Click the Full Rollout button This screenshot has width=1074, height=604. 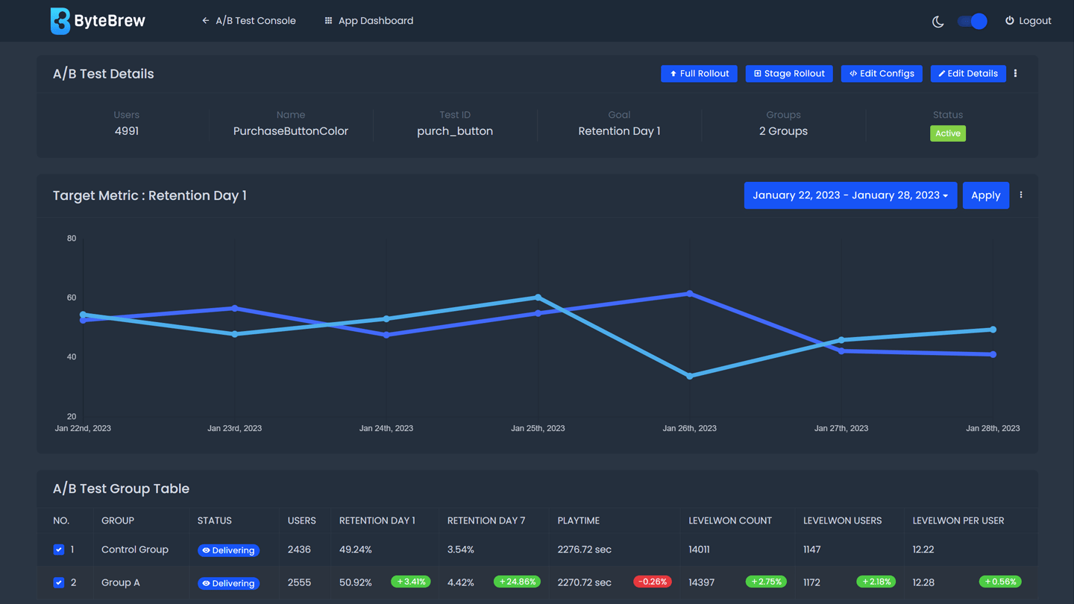tap(699, 74)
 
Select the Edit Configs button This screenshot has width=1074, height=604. tap(882, 74)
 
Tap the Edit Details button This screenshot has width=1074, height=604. tap(967, 74)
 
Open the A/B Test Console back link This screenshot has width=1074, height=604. tap(248, 21)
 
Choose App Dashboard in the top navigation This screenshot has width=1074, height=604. tap(368, 21)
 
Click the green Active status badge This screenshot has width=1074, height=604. tap(947, 133)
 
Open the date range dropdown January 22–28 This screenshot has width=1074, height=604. tap(850, 195)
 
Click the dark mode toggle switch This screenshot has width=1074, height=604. tap(972, 21)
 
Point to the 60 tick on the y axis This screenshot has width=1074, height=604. tap(72, 298)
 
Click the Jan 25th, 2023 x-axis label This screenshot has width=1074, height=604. tap(538, 429)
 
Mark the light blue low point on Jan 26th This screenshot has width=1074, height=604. tap(690, 376)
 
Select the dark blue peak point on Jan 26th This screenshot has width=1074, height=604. tap(690, 294)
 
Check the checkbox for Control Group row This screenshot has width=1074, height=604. tap(59, 550)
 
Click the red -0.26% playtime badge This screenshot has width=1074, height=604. tap(653, 582)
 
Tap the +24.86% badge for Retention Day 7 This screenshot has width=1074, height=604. tap(517, 582)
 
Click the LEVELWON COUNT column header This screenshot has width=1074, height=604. tap(729, 520)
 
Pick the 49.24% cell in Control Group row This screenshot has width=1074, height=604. tap(355, 550)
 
